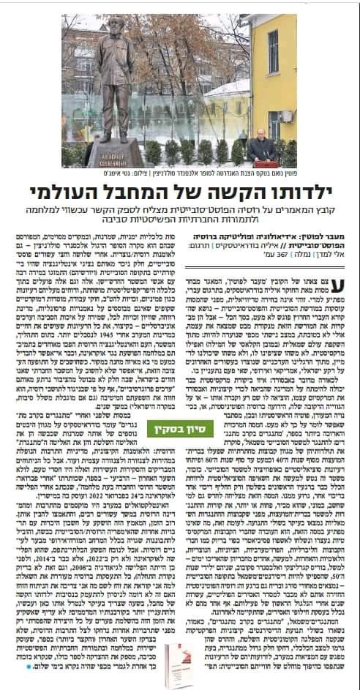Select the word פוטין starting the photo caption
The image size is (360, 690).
click(288, 173)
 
